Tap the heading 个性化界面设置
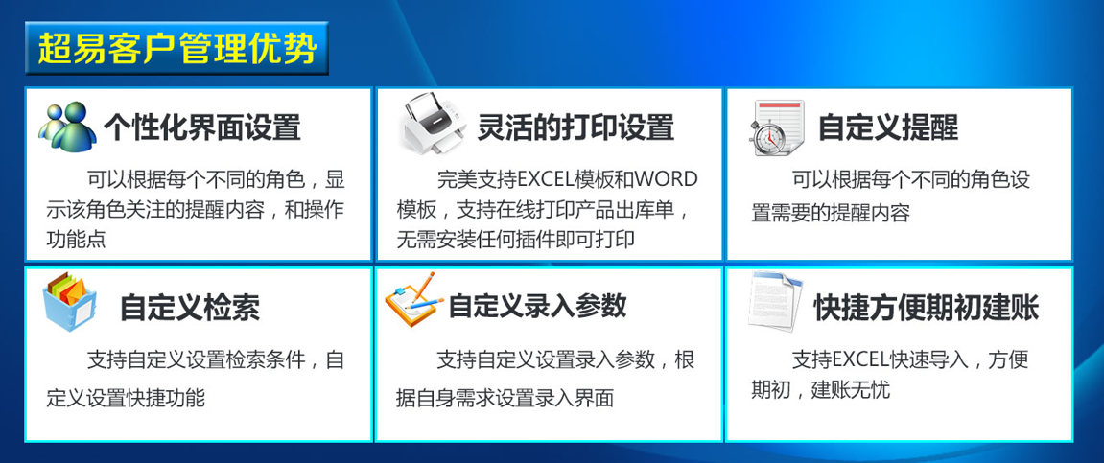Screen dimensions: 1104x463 (202, 127)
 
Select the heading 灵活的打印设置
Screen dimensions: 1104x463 (575, 127)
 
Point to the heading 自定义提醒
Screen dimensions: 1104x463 (888, 127)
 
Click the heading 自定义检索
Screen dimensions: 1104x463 (190, 307)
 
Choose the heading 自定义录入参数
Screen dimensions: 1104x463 (538, 306)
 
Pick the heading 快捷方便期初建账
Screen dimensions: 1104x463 (927, 307)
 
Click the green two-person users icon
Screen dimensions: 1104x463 (67, 127)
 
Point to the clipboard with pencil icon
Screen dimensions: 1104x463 (414, 298)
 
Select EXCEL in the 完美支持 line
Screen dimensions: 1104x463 (547, 179)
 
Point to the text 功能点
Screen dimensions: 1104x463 (76, 240)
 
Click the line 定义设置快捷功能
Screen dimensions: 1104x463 (126, 398)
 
